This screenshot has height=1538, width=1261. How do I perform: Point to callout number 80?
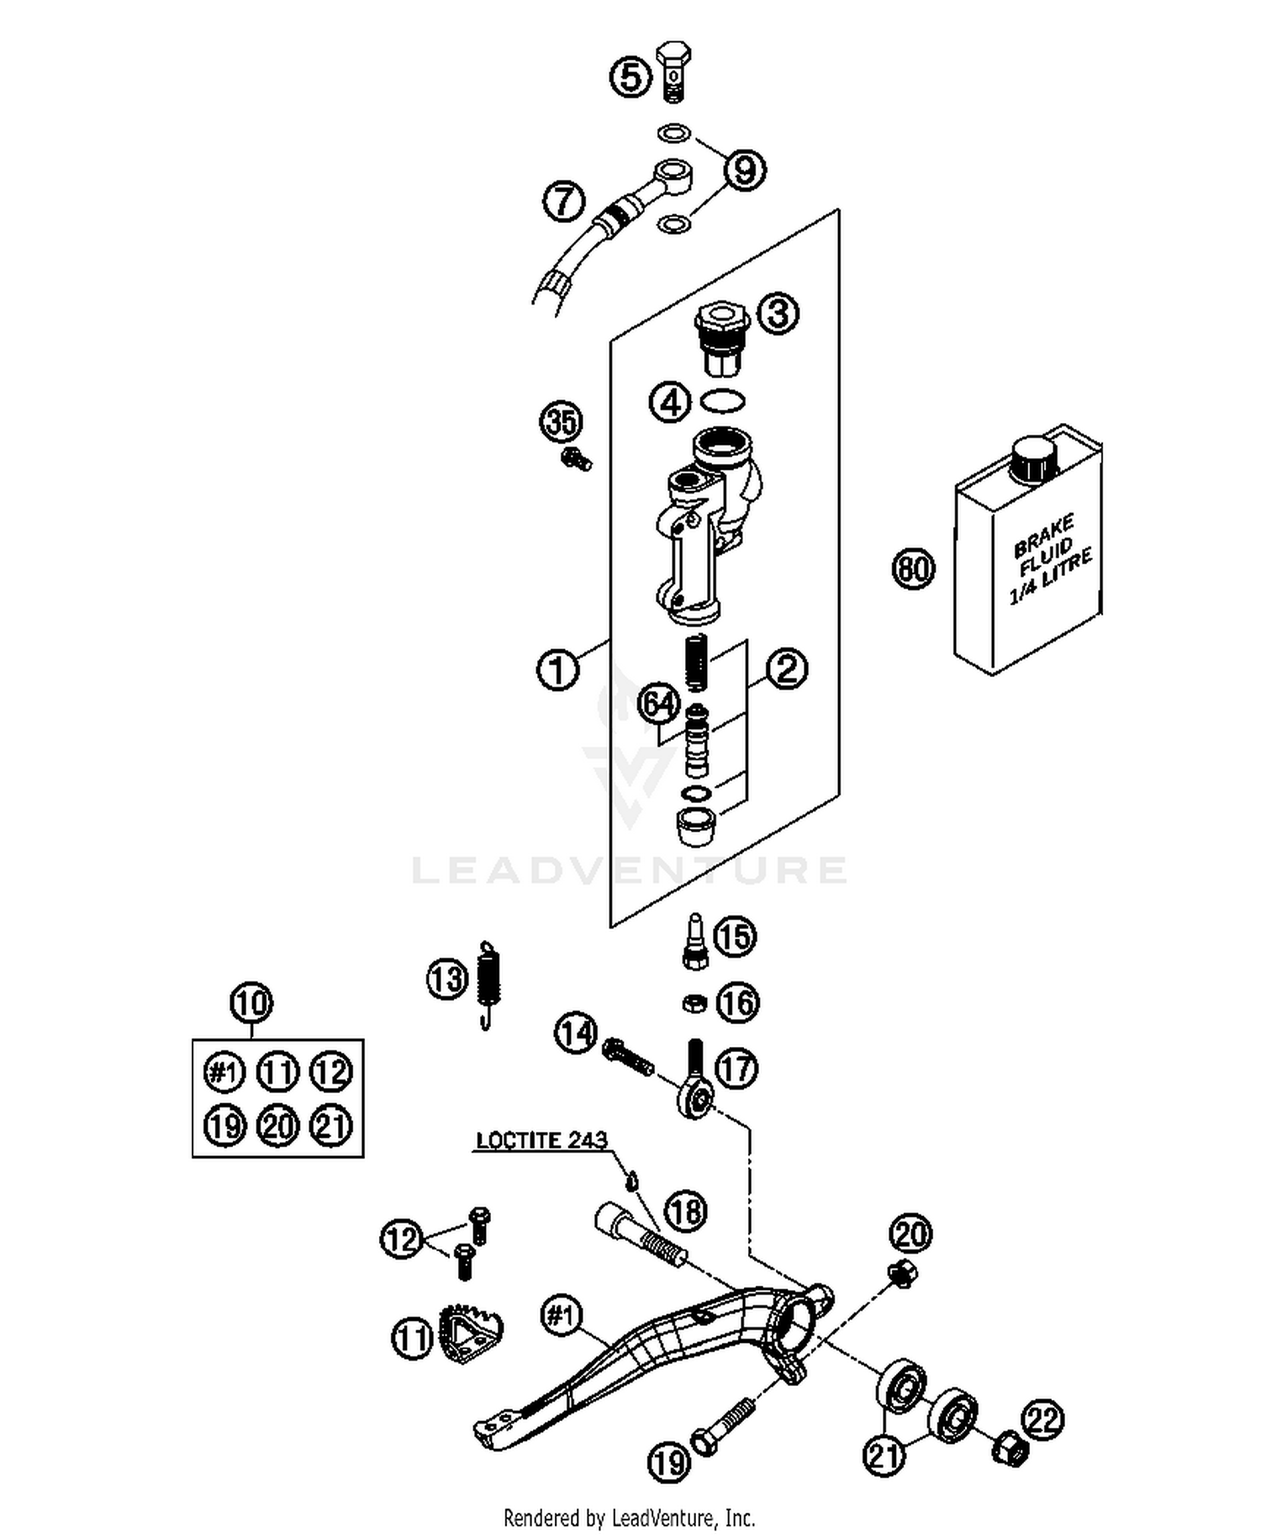pyautogui.click(x=913, y=568)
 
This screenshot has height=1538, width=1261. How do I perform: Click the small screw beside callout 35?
pyautogui.click(x=576, y=459)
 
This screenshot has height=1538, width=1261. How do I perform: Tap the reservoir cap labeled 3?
pyautogui.click(x=720, y=341)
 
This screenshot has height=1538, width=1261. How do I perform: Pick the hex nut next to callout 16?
pyautogui.click(x=694, y=1002)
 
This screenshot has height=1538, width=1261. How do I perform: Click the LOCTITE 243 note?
pyautogui.click(x=541, y=1141)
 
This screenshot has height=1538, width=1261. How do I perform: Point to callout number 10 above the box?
pyautogui.click(x=251, y=1003)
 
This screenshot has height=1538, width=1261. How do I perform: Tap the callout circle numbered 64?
pyautogui.click(x=660, y=704)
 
